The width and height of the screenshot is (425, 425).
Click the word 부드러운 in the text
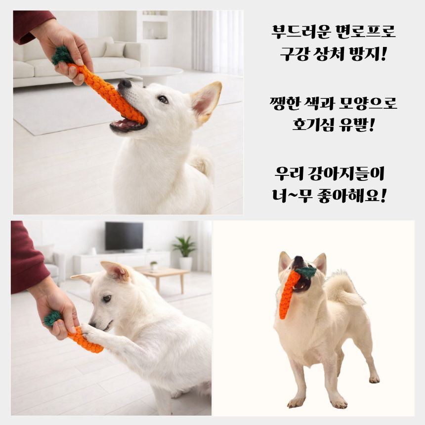click(x=301, y=32)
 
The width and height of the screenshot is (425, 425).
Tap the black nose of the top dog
click(x=125, y=83)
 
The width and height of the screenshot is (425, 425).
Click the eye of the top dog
click(x=163, y=99)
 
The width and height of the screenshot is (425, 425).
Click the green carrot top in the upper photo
click(x=62, y=56)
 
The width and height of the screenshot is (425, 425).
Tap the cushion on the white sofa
click(x=114, y=49)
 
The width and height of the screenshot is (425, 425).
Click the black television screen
click(x=124, y=236)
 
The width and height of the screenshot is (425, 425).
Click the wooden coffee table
click(x=162, y=276)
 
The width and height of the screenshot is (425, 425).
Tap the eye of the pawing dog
click(x=107, y=298)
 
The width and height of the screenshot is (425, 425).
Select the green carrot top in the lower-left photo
click(x=52, y=318)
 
